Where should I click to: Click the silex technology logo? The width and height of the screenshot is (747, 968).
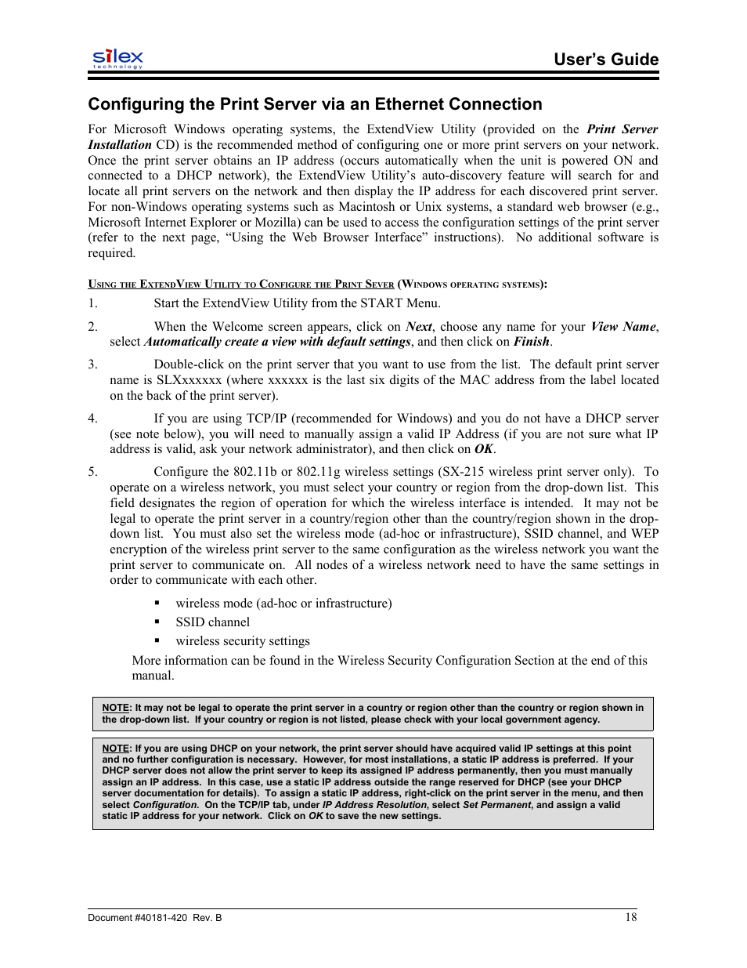click(x=117, y=58)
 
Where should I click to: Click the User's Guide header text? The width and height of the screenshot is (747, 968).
click(x=605, y=60)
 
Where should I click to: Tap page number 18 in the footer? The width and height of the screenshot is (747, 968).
click(x=630, y=917)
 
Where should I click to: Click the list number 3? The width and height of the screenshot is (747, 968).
click(x=92, y=364)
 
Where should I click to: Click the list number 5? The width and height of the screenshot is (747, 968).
click(x=92, y=472)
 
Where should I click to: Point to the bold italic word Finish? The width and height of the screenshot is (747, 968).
click(x=532, y=342)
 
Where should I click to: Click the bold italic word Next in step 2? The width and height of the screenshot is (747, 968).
click(x=419, y=327)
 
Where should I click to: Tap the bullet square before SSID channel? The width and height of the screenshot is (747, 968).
click(x=157, y=622)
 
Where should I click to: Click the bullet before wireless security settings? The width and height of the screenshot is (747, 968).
click(x=157, y=641)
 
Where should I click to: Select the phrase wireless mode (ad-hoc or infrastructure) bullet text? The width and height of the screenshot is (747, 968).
click(x=283, y=604)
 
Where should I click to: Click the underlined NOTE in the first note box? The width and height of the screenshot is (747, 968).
click(x=115, y=708)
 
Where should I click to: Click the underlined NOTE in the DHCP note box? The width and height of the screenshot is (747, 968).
click(x=115, y=749)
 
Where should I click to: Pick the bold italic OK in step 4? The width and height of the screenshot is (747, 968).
click(x=484, y=449)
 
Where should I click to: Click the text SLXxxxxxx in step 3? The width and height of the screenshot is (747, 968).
click(x=189, y=380)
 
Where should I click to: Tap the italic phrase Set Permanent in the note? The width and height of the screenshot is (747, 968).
click(x=496, y=805)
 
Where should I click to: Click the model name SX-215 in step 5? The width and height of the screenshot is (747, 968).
click(x=460, y=472)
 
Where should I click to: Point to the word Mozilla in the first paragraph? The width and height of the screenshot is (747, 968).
click(x=276, y=223)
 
